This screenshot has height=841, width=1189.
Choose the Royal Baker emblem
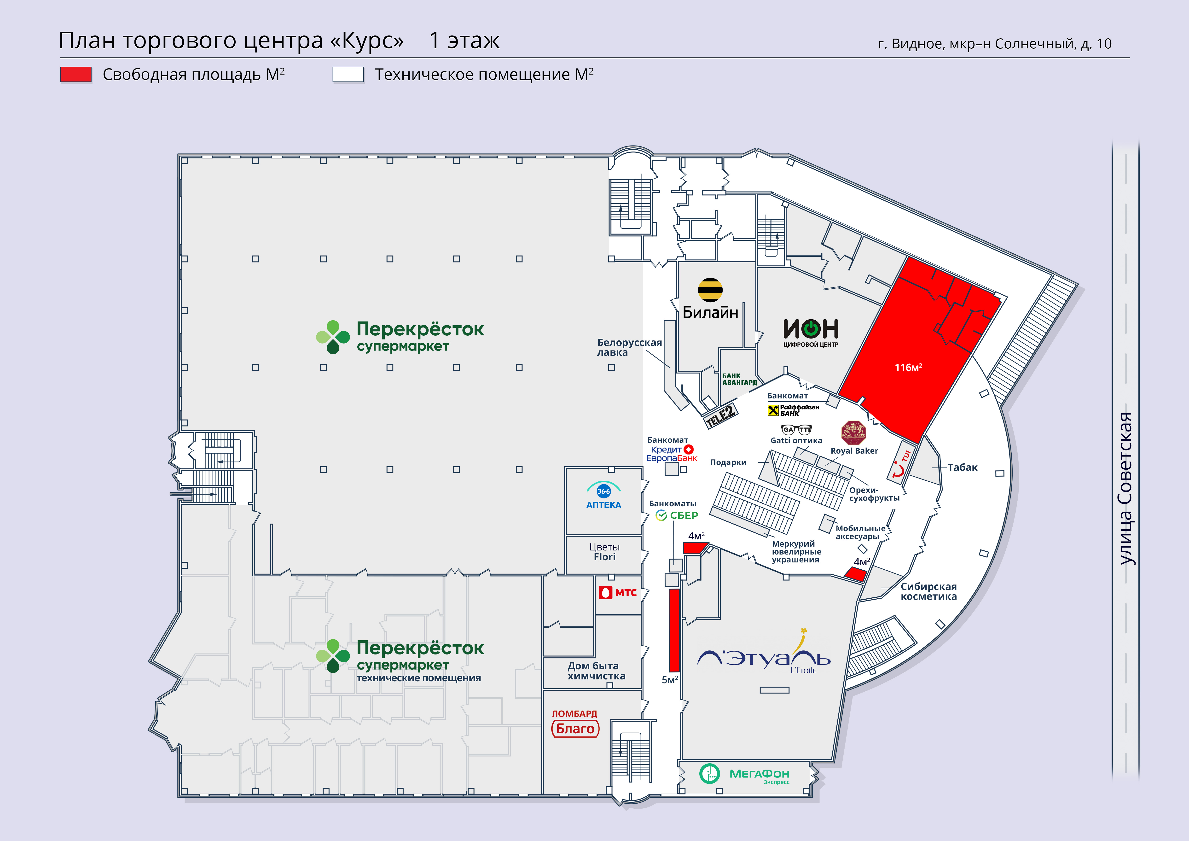pos(853,433)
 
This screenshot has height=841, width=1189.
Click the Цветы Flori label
pos(604,552)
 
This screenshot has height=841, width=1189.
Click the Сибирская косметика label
pos(928,591)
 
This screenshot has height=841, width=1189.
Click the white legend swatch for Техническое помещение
pos(348,75)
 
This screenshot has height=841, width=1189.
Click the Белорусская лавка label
pos(629,347)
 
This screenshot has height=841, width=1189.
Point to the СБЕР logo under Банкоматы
pos(677,515)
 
